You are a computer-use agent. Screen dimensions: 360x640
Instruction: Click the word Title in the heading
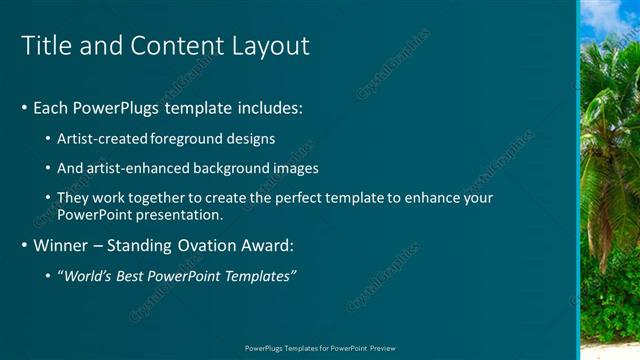click(x=45, y=46)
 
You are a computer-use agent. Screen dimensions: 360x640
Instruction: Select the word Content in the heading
click(x=175, y=46)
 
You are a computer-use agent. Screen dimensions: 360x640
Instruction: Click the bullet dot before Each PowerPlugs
click(x=24, y=107)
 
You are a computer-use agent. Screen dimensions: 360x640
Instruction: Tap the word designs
click(x=251, y=138)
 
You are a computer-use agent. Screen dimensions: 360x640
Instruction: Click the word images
click(x=295, y=168)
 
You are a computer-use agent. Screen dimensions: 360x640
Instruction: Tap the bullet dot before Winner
click(x=24, y=245)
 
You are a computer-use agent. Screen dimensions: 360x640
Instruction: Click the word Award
click(x=269, y=245)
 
